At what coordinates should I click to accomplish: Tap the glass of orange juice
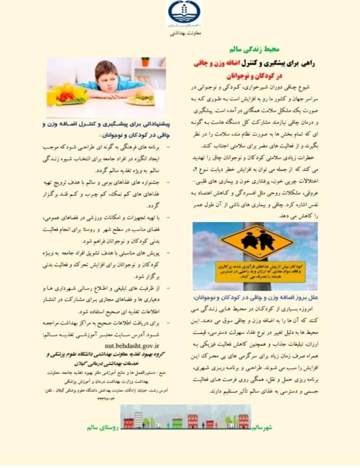[x=52, y=97]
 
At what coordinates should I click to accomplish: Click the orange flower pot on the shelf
[x=145, y=62]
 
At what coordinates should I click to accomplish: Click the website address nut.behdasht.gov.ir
[x=132, y=345]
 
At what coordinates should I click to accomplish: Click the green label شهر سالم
[x=262, y=428]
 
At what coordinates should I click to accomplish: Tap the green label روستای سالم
[x=102, y=427]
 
